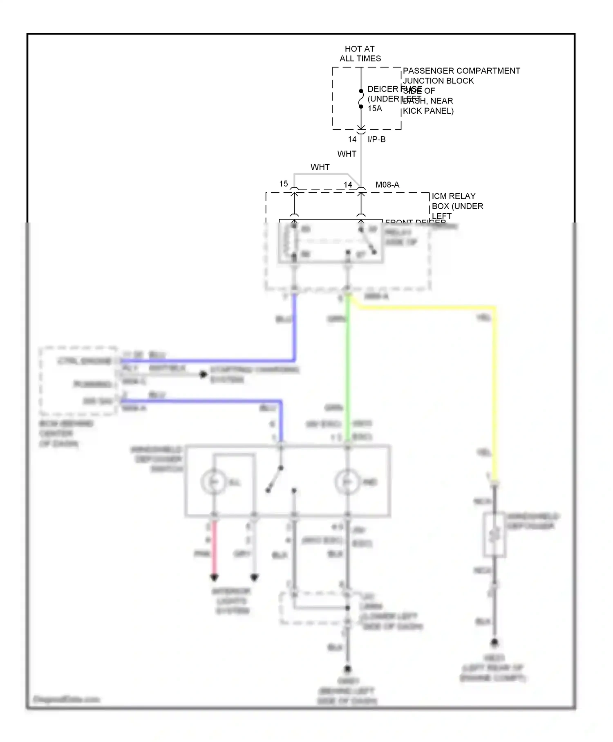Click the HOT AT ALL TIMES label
[360, 54]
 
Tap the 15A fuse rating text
[375, 108]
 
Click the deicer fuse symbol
[361, 99]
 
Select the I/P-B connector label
[376, 139]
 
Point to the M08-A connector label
[387, 185]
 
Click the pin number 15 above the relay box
[284, 184]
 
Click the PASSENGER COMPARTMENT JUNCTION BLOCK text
[461, 76]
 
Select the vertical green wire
[348, 368]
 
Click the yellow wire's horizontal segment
[425, 308]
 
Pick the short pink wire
[214, 548]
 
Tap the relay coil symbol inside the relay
[294, 241]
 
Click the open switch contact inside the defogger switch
[275, 479]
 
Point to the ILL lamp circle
[213, 482]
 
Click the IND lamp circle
[347, 482]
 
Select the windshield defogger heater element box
[494, 535]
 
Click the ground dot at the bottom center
[347, 669]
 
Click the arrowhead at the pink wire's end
[214, 578]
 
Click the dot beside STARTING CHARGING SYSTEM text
[203, 374]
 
